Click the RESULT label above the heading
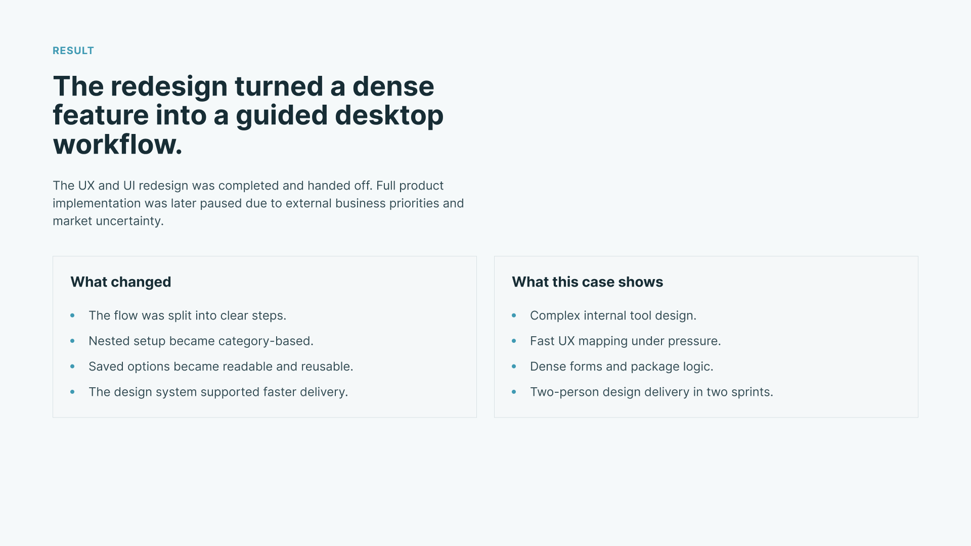pos(73,51)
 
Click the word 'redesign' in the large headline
pos(169,87)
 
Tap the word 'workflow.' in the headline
pos(117,145)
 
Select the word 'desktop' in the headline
pos(389,116)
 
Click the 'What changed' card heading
pos(121,282)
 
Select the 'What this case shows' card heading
pos(587,282)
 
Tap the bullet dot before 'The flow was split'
pos(72,315)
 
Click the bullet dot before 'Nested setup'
pos(72,341)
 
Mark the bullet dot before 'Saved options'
pos(72,367)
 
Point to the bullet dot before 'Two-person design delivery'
pos(514,392)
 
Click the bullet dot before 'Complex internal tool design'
pos(514,315)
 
